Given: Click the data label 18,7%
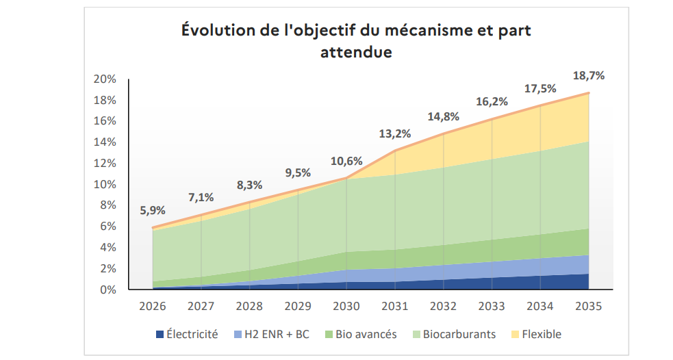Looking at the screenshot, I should click(x=589, y=75).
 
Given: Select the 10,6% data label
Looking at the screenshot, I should click(x=346, y=162).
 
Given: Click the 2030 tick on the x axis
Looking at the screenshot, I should click(x=346, y=307).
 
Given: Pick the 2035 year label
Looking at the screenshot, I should click(x=589, y=307).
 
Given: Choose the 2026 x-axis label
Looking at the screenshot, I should click(x=153, y=307).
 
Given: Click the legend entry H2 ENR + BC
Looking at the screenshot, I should click(x=270, y=335).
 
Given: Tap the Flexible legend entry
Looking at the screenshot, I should click(x=541, y=335).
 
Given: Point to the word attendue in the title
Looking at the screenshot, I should click(x=356, y=52).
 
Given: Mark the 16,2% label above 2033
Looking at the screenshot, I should click(x=492, y=101).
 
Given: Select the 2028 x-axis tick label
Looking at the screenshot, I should click(x=250, y=307).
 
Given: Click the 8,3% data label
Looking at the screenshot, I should click(x=250, y=184).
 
